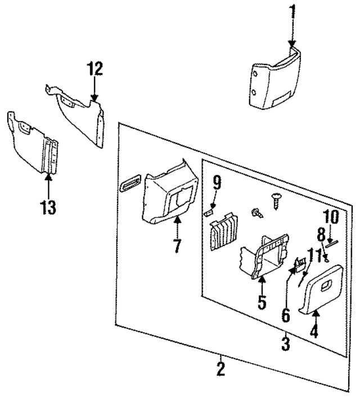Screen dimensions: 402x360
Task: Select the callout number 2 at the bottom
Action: [221, 369]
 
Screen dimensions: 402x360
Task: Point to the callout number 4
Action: [314, 332]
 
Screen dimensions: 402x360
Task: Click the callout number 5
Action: [262, 302]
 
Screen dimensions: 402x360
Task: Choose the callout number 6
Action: [286, 314]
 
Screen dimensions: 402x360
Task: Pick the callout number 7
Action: [177, 246]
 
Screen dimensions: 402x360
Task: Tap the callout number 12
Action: [94, 69]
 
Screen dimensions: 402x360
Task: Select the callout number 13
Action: [48, 207]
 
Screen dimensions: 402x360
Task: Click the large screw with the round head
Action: [276, 198]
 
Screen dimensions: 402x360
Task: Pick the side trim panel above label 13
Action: [33, 144]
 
